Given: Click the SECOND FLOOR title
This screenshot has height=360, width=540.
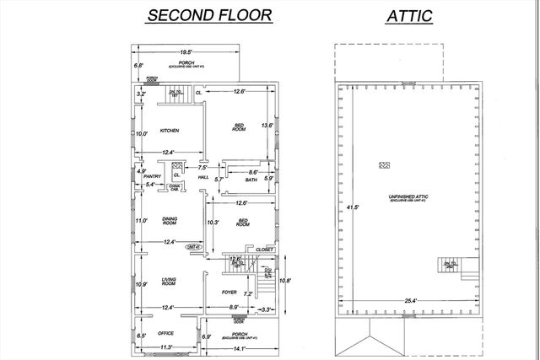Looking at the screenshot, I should tap(209, 14).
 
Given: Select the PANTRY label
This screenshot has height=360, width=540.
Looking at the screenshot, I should tap(152, 176).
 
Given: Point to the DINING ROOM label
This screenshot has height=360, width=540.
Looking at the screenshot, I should tap(169, 222).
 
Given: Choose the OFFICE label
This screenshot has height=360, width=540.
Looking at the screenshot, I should tap(165, 334).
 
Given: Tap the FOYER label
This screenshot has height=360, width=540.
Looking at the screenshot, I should tap(229, 293).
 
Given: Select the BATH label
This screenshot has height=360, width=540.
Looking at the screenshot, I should tap(251, 180).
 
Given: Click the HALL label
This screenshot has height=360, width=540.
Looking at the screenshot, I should tap(203, 177).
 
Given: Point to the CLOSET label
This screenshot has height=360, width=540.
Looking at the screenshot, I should tap(264, 250).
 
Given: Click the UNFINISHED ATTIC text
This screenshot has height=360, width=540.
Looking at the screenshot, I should tap(412, 196).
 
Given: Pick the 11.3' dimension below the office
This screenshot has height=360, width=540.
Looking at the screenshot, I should tap(167, 347).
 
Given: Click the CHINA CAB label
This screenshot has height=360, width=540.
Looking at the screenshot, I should tap(173, 187).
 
